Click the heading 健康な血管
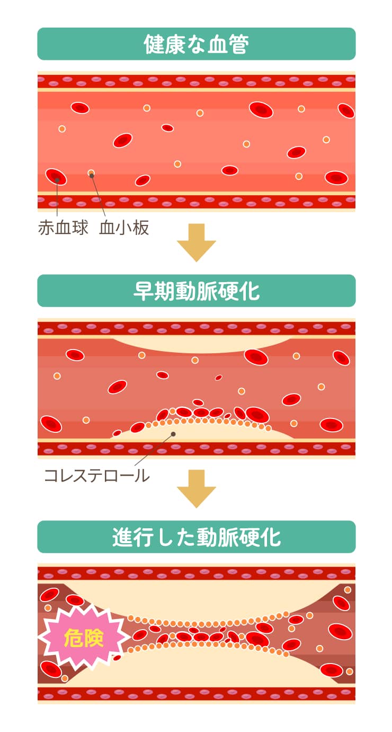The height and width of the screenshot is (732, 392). pos(196,44)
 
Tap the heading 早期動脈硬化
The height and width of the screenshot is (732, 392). pos(196,291)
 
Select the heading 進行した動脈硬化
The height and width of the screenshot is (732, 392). pos(196,537)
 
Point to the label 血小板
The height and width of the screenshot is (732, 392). pos(124,228)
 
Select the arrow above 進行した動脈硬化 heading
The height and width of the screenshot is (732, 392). pos(196,489)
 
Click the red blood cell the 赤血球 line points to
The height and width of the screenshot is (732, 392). pos(56,177)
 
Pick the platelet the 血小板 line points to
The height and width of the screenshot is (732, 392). pos(91,173)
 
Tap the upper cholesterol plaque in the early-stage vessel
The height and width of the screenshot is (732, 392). pos(201,342)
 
